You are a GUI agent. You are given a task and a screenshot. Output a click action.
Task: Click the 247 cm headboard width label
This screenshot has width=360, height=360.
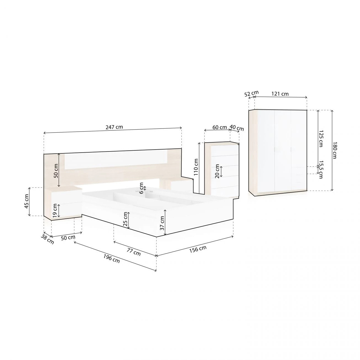point(114,127)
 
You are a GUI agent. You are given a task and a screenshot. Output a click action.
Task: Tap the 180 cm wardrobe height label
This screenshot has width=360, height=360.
point(335,150)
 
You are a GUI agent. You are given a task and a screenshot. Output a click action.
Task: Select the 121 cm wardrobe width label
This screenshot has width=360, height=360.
point(280,94)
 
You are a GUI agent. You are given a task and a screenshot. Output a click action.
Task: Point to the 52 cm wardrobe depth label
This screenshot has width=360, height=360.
point(251,94)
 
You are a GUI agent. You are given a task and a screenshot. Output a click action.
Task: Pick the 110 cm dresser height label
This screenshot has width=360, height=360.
point(196,168)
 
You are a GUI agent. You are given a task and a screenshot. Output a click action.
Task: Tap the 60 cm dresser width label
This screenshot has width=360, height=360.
point(220,127)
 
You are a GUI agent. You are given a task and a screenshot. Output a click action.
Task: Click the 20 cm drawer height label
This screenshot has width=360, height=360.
point(217,171)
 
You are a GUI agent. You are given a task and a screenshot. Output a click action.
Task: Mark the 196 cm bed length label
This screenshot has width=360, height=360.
point(112,259)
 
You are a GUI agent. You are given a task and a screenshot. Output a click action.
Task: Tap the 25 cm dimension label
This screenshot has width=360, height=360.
point(125,220)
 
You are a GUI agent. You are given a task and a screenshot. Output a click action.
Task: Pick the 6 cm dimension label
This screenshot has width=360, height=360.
point(142,188)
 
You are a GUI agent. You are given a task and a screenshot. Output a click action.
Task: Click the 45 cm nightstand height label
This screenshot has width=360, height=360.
point(27,201)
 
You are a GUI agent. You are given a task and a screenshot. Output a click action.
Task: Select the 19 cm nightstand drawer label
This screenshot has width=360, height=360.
point(55,210)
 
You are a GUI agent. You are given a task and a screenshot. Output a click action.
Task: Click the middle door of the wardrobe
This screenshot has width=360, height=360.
point(282,151)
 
